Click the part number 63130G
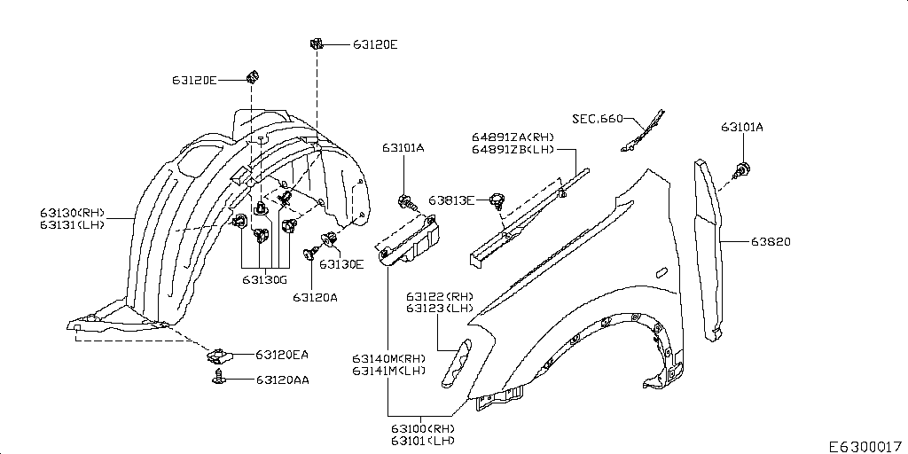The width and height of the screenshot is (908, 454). tap(264, 279)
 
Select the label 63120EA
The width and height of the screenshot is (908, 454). tap(282, 355)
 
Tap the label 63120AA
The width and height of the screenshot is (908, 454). tap(282, 380)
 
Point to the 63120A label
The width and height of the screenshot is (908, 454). tap(315, 297)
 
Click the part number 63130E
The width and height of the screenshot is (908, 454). tap(341, 263)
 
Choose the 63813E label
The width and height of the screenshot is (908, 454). tap(451, 200)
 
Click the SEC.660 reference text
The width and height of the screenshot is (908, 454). tap(597, 118)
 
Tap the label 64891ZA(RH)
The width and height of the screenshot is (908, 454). tap(513, 137)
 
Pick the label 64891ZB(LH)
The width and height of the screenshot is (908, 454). tap(513, 150)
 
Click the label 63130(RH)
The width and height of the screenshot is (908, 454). tap(72, 213)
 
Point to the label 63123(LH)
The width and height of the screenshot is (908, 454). tap(440, 309)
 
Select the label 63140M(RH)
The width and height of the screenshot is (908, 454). tap(388, 358)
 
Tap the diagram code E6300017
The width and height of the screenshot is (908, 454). tap(865, 446)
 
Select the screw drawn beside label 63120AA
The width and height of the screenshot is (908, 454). tap(217, 379)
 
